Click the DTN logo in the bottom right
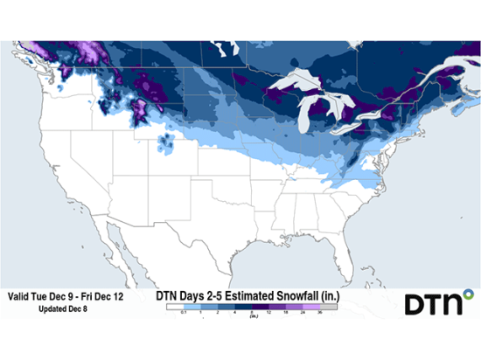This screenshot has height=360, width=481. coord(434,304)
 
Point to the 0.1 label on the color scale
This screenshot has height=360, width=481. coord(179,312)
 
